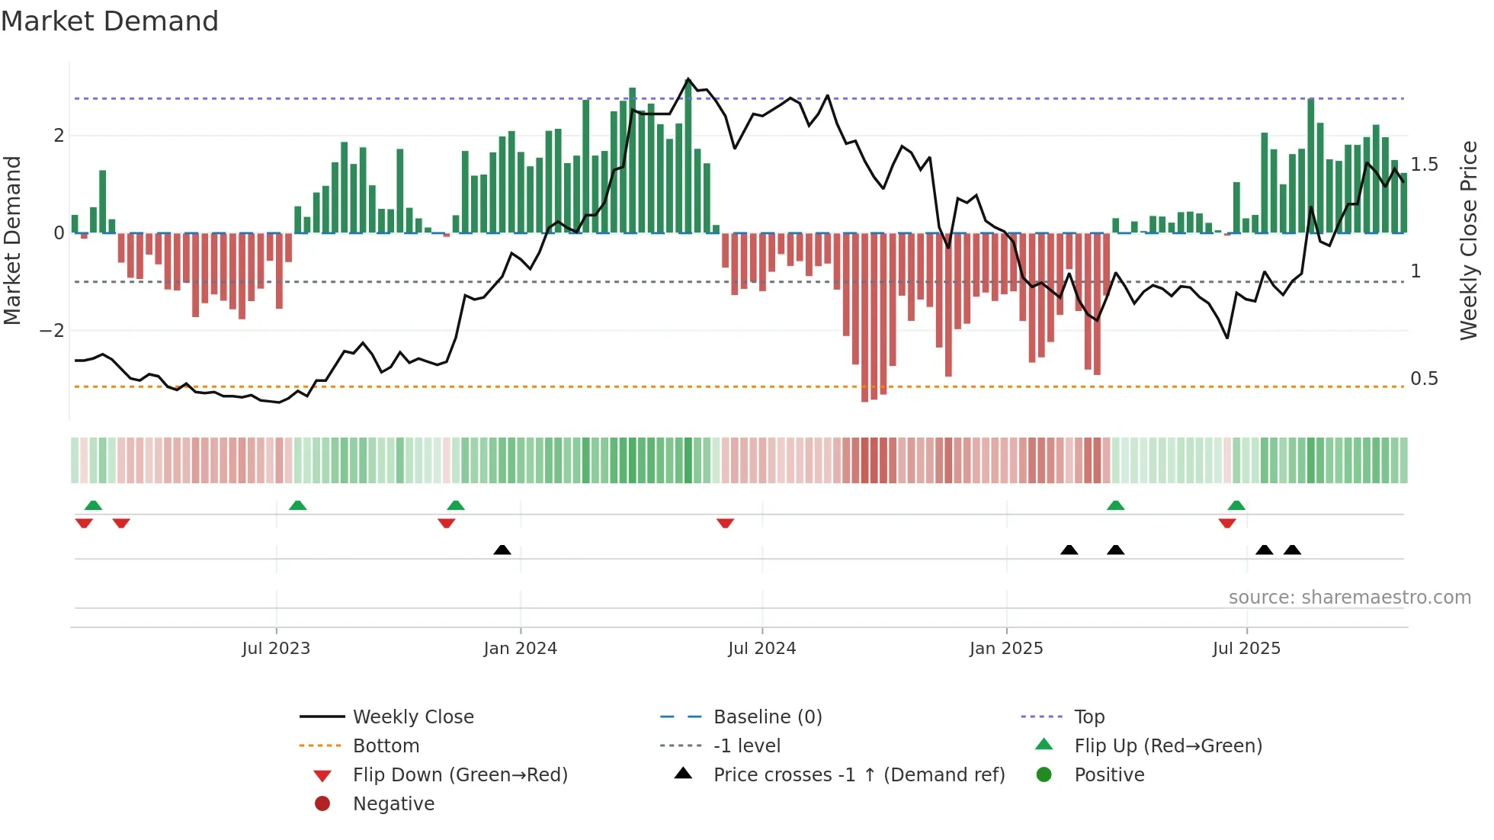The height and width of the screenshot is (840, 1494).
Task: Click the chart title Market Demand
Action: tap(110, 21)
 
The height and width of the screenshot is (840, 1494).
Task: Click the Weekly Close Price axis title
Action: tap(1468, 240)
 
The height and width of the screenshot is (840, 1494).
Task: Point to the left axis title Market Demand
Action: tap(13, 240)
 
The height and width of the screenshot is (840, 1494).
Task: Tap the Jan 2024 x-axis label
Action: tap(520, 649)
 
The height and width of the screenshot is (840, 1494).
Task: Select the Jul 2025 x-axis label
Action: tap(1246, 649)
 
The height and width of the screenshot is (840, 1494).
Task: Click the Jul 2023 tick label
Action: tap(276, 649)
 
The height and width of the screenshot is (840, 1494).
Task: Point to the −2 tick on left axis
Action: tap(52, 331)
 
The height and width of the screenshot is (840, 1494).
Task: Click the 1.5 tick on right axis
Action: tap(1424, 165)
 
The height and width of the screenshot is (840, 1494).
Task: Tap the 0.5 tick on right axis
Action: tap(1424, 379)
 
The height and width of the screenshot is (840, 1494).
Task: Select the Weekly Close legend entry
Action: tap(412, 717)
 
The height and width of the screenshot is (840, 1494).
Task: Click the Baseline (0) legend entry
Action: tap(767, 717)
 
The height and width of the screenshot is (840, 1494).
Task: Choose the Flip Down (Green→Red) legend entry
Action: tap(460, 775)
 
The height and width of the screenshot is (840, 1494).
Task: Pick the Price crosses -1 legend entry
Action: tap(858, 775)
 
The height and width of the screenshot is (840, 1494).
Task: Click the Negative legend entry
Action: tap(393, 804)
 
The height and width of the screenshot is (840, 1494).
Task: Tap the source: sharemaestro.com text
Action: tap(1349, 598)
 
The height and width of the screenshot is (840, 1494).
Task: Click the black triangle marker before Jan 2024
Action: tap(502, 550)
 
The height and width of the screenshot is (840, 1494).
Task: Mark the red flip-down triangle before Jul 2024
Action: tap(726, 523)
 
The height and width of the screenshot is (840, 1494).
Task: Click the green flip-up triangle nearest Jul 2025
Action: tap(1236, 505)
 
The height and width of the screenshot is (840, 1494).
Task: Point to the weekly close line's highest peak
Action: tap(688, 79)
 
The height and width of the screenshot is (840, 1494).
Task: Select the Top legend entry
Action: tap(1088, 717)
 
